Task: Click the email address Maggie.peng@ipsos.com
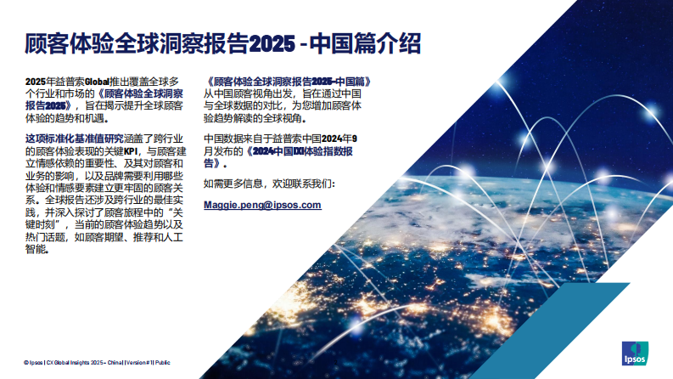point(263,206)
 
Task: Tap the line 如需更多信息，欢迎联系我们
point(270,183)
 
